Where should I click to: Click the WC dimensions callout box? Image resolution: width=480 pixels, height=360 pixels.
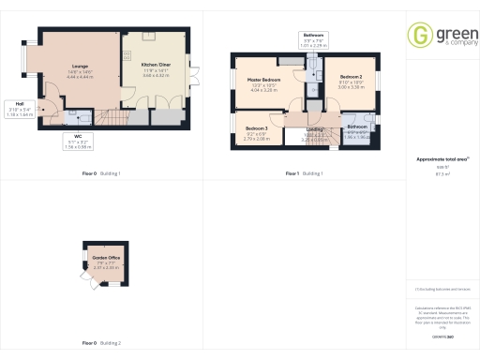pos(78,142)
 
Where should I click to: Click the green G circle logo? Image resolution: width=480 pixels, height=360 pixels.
pos(420,37)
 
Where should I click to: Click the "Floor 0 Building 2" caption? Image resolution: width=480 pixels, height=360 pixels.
pos(101,343)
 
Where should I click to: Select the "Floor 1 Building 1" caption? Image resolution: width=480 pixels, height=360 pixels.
pos(305,174)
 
